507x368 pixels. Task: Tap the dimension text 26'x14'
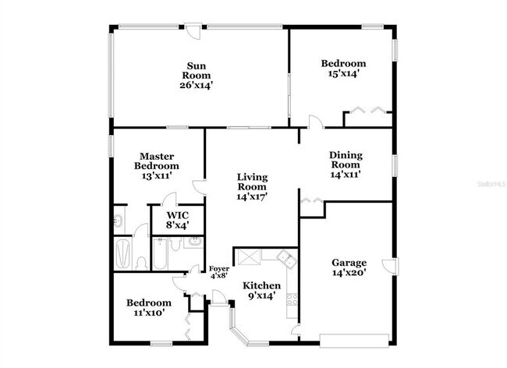pyautogui.click(x=195, y=85)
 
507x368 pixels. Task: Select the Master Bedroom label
pyautogui.click(x=156, y=161)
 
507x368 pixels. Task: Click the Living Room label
pyautogui.click(x=252, y=182)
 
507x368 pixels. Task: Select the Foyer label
pyautogui.click(x=218, y=269)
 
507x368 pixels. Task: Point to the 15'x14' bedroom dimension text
pyautogui.click(x=343, y=74)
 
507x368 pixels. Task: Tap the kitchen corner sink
pyautogui.click(x=287, y=258)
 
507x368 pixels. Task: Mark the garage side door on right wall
pyautogui.click(x=390, y=265)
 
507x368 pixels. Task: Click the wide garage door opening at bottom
pyautogui.click(x=354, y=339)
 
